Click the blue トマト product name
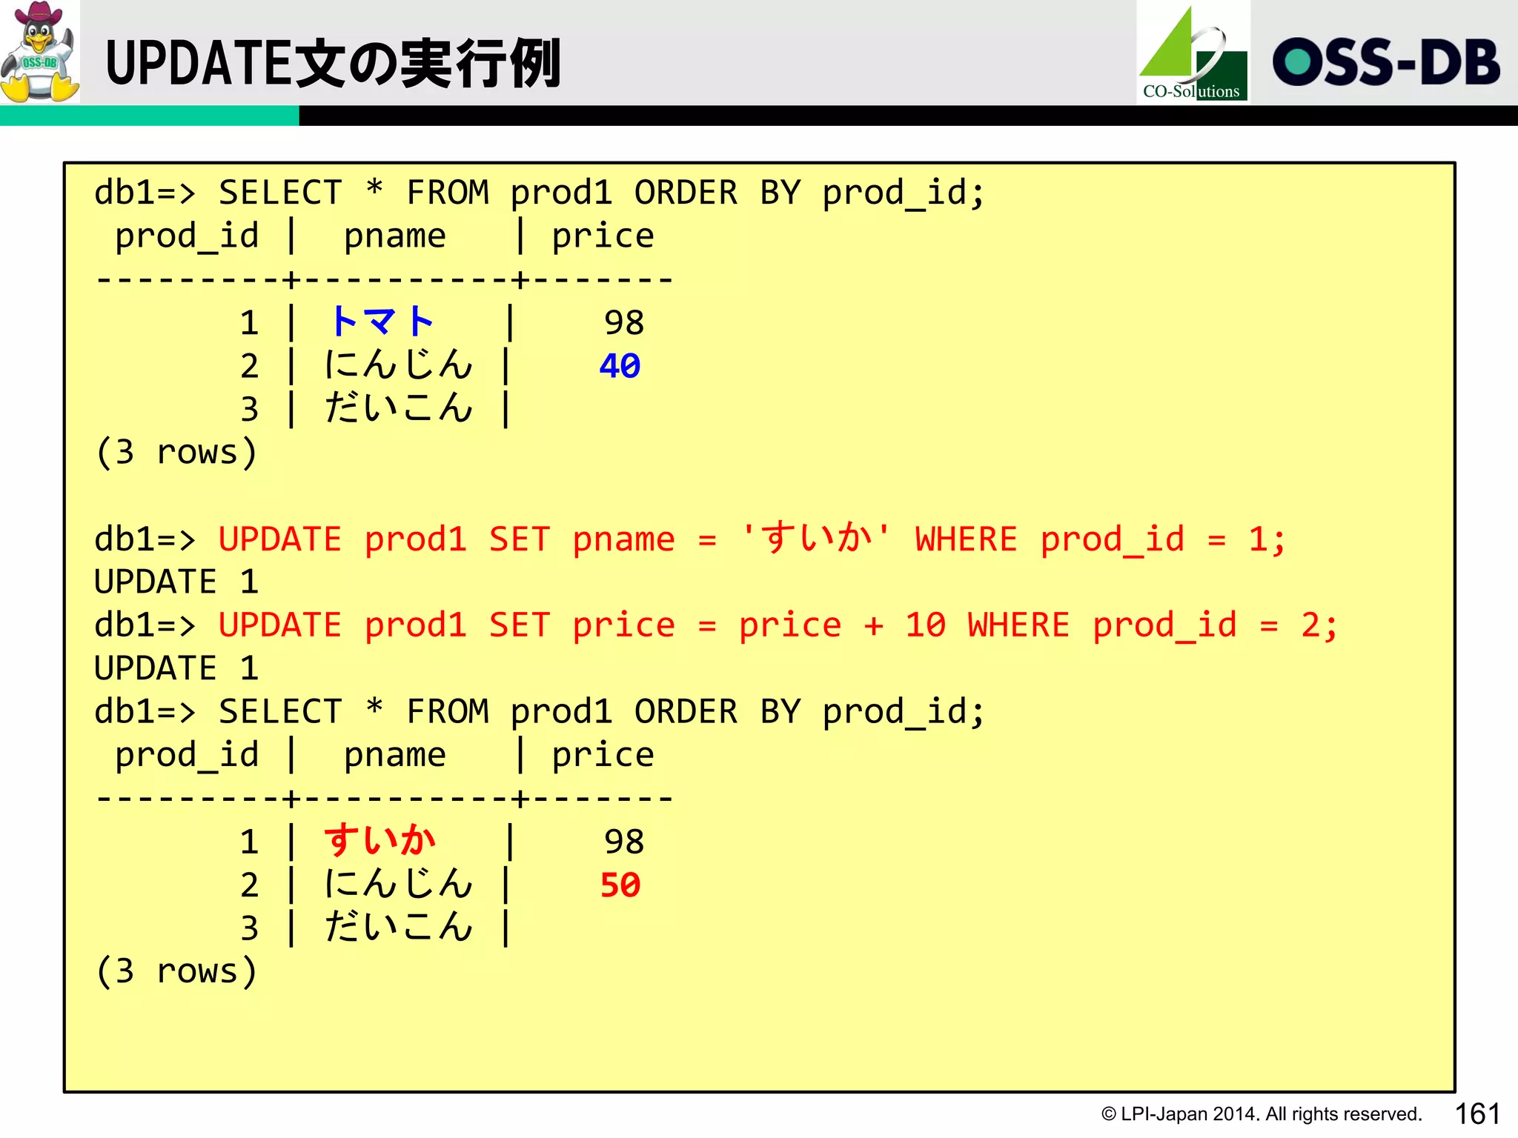click(381, 322)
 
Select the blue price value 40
click(620, 366)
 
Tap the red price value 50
click(620, 885)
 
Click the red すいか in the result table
click(379, 841)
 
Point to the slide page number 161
click(1476, 1114)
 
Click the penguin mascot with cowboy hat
click(39, 52)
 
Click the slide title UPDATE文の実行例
click(333, 64)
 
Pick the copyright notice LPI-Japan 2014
click(1261, 1114)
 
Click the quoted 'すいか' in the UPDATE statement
click(816, 539)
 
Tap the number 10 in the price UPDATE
click(925, 625)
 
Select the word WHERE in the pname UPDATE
click(966, 539)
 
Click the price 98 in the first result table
click(624, 323)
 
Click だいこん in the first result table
click(399, 409)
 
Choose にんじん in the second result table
click(399, 885)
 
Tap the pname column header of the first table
click(394, 236)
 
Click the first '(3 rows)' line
click(176, 452)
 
